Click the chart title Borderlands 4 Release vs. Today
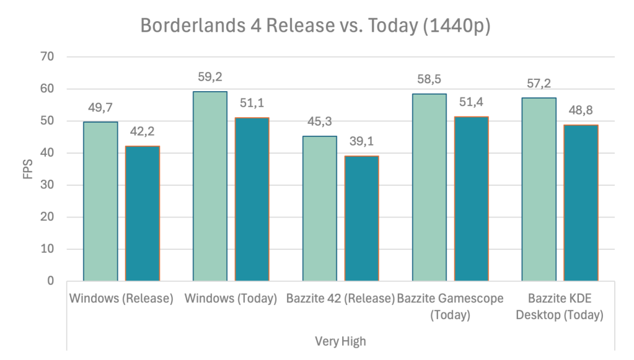(315, 26)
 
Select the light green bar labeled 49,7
(100, 201)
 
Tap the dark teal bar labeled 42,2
(143, 214)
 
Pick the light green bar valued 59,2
(210, 186)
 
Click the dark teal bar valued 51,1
(252, 199)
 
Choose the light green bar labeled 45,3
(320, 208)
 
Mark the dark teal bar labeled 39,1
(362, 218)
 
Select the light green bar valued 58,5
(429, 187)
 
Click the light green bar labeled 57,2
(539, 189)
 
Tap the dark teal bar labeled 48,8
(581, 203)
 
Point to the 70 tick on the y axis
(48, 57)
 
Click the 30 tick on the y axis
(48, 185)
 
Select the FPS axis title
(28, 169)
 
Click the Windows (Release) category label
(121, 299)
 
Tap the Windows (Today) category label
(231, 299)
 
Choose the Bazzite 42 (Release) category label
(340, 299)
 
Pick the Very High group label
(340, 341)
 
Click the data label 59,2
(210, 77)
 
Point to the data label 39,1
(362, 142)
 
